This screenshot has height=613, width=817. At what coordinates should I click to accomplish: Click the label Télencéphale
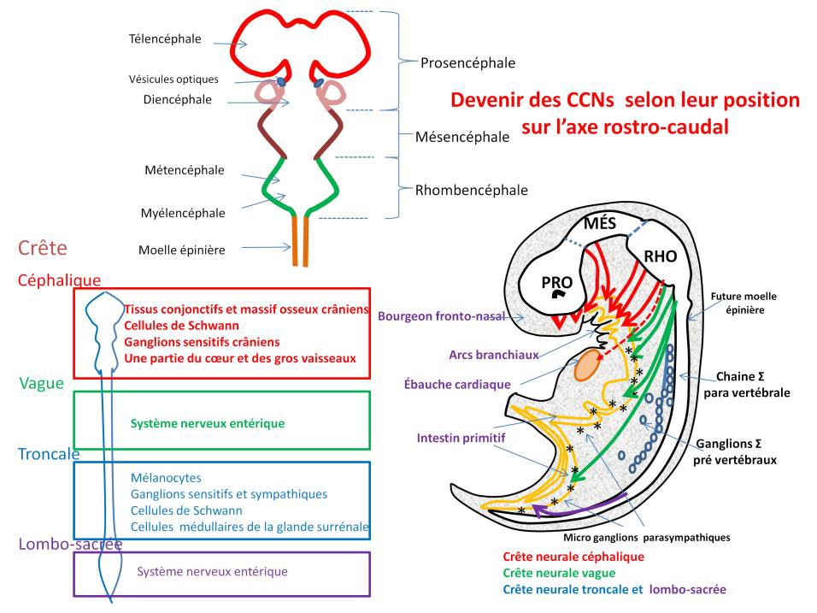click(x=165, y=38)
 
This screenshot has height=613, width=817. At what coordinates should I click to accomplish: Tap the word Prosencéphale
click(x=467, y=63)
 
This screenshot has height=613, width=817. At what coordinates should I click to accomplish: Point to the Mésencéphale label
click(x=462, y=137)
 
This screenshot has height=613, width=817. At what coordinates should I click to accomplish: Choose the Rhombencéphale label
click(x=471, y=190)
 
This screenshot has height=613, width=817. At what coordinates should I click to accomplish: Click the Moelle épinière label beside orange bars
click(x=181, y=251)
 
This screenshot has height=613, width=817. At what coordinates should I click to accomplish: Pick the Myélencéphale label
click(x=184, y=213)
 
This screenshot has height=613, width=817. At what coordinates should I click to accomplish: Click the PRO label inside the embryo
click(x=557, y=282)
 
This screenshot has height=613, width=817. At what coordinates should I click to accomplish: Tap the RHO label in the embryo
click(x=660, y=256)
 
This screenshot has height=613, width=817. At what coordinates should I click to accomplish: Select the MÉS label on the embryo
click(x=600, y=224)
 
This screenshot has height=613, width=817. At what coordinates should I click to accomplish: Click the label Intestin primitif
click(x=461, y=438)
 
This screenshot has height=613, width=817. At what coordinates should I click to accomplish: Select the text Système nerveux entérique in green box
click(x=207, y=423)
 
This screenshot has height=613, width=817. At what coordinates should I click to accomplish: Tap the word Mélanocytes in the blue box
click(x=166, y=479)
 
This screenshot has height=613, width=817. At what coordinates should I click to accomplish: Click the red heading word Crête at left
click(x=42, y=249)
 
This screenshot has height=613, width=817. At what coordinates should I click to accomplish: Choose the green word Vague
click(x=41, y=383)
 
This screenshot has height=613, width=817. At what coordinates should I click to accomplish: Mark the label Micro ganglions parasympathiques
click(x=647, y=538)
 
